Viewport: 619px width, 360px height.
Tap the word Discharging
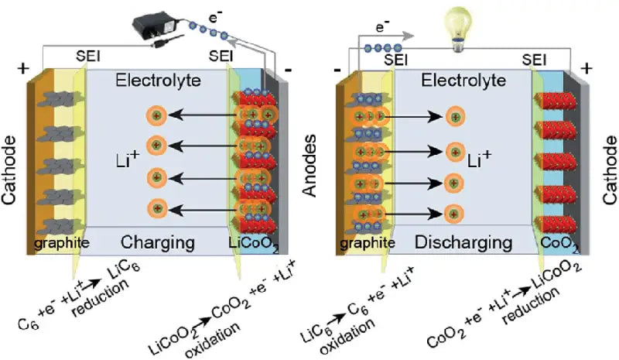click(464, 242)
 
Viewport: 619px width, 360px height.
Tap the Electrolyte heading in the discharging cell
click(462, 79)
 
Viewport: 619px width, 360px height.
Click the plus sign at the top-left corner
click(20, 67)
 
